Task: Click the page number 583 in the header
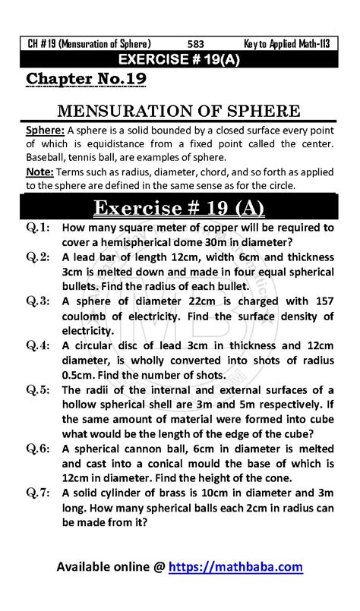click(196, 43)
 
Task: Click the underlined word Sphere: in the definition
click(45, 131)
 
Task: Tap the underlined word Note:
click(40, 172)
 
